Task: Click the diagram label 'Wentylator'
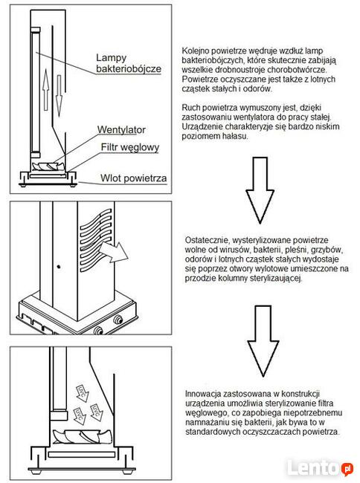tap(121, 130)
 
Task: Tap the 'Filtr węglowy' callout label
tap(130, 147)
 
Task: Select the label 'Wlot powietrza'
tap(134, 178)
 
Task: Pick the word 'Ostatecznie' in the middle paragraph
tap(206, 242)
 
